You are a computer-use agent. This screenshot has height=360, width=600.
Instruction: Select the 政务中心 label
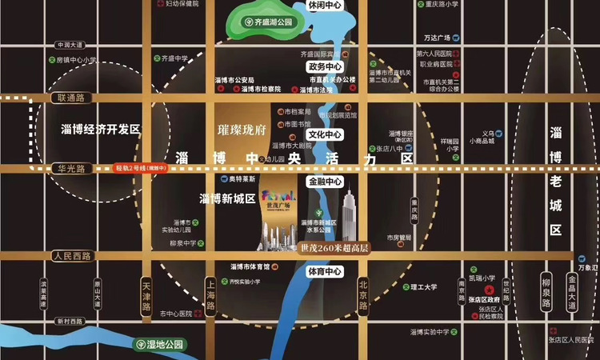[326, 67]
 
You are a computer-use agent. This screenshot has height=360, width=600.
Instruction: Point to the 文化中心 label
[326, 134]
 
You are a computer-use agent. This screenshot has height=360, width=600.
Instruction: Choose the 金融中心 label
[326, 182]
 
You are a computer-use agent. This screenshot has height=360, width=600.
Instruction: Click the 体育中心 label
[326, 272]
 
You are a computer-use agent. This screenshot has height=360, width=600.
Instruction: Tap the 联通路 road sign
[70, 98]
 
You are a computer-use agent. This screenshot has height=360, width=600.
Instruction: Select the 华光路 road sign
[71, 169]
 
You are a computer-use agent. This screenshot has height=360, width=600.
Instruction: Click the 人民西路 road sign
[71, 256]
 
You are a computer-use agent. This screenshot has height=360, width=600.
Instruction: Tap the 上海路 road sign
[210, 294]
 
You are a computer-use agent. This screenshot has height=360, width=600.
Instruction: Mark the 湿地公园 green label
[162, 345]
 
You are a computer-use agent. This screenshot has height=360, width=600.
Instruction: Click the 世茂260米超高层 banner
[334, 247]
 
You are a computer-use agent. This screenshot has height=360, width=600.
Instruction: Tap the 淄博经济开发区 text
[100, 129]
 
